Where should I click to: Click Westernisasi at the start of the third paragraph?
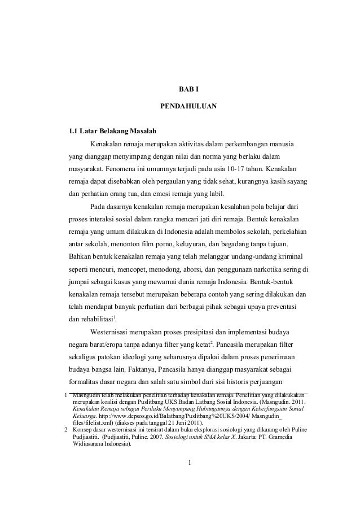coord(113,330)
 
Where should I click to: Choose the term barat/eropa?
coord(108,343)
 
